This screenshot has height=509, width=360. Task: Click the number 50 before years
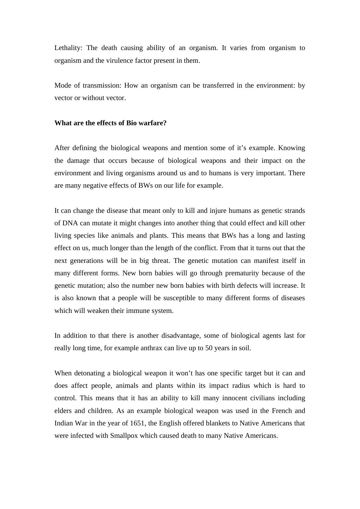(209, 348)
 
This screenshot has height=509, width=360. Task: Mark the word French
(282, 411)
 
